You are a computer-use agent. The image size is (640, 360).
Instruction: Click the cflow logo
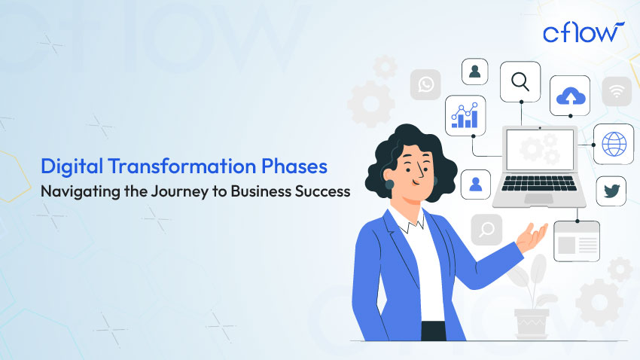(584, 32)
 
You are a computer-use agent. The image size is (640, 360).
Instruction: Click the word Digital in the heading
(72, 167)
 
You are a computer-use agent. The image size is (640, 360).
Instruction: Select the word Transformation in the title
(182, 166)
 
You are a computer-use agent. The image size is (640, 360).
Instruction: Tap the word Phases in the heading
(294, 166)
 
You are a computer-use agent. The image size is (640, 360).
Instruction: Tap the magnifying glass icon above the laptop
(520, 81)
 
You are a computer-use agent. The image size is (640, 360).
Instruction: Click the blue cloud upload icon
(571, 96)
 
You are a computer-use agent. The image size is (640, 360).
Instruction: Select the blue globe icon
(614, 144)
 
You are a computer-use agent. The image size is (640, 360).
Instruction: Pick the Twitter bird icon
(611, 191)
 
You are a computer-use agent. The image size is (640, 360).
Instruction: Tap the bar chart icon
(465, 115)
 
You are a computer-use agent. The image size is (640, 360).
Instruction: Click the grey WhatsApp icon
(425, 84)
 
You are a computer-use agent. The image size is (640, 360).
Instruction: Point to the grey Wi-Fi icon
(617, 91)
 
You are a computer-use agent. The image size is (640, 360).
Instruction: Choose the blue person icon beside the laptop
(476, 185)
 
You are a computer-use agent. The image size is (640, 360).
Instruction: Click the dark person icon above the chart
(474, 72)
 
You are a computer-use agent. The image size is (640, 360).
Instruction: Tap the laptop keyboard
(539, 183)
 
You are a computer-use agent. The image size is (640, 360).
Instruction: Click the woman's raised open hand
(532, 238)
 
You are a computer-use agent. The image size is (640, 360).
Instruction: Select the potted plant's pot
(532, 322)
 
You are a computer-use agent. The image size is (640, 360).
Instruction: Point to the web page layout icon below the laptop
(577, 241)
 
